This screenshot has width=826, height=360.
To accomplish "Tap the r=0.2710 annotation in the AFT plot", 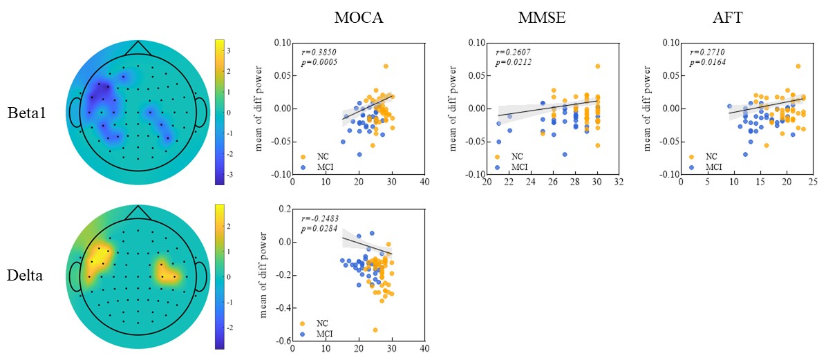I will coord(706,51).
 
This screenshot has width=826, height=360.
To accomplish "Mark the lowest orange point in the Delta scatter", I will coord(376,330).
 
